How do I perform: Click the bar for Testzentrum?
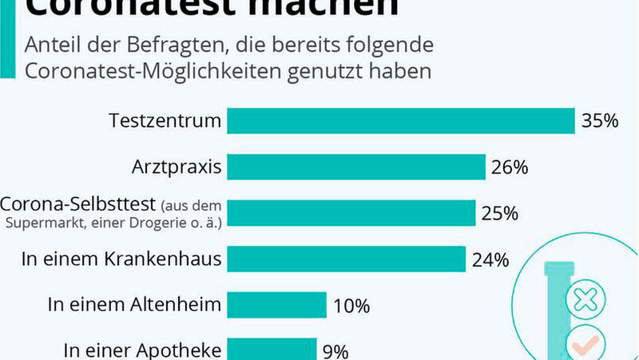pyautogui.click(x=401, y=121)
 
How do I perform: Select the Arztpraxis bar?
pyautogui.click(x=356, y=168)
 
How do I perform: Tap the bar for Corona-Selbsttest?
pyautogui.click(x=351, y=213)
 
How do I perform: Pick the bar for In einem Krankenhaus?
pyautogui.click(x=347, y=259)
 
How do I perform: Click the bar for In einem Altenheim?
pyautogui.click(x=277, y=305)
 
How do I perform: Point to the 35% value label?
pyautogui.click(x=600, y=121)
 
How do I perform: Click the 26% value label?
pyautogui.click(x=510, y=168)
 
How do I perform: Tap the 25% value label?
pyautogui.click(x=500, y=213)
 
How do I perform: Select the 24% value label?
pyautogui.click(x=490, y=259)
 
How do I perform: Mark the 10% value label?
pyautogui.click(x=351, y=305)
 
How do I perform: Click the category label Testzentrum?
pyautogui.click(x=165, y=121)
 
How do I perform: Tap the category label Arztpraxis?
pyautogui.click(x=177, y=168)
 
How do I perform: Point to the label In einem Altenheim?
pyautogui.click(x=134, y=305)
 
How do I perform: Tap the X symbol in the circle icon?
pyautogui.click(x=585, y=301)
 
